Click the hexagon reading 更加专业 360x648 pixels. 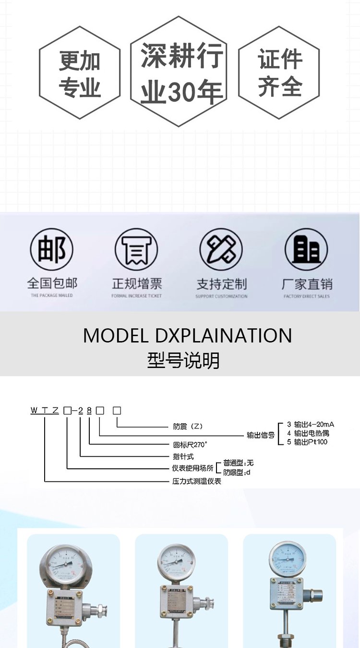[80, 73]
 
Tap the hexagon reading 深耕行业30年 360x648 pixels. [179, 72]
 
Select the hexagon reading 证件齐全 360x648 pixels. [279, 73]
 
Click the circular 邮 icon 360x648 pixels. [52, 249]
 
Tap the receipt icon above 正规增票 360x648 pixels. [136, 249]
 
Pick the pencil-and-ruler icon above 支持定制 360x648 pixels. [221, 249]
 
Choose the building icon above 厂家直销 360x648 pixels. [306, 249]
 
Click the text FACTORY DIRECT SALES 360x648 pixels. [306, 296]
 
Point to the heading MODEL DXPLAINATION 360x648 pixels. [187, 336]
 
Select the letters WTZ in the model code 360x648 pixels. [45, 410]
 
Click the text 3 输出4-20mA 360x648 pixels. [310, 424]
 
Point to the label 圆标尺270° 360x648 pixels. [190, 444]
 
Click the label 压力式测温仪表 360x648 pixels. [197, 481]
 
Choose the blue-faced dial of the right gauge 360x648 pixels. [288, 559]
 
